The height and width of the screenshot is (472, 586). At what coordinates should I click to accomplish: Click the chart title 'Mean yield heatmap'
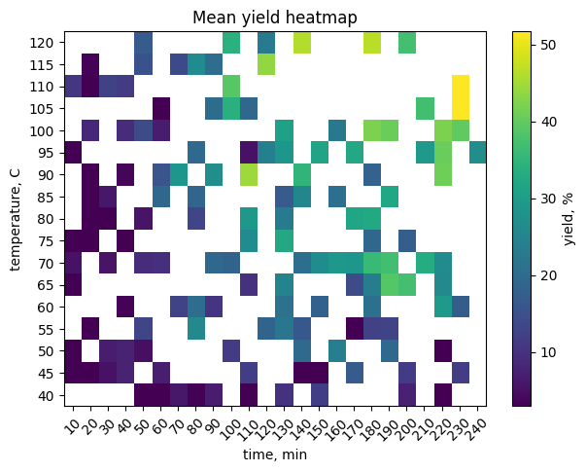(x=275, y=17)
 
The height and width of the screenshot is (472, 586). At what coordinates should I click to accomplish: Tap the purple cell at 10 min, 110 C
(x=73, y=86)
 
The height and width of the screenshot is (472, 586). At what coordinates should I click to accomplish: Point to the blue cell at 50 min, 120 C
(x=143, y=42)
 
